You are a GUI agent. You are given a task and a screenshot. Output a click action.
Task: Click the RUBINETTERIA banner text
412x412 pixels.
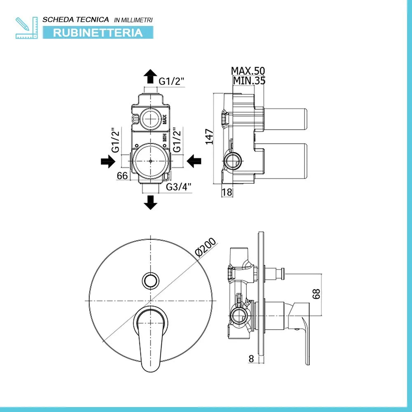point(98,33)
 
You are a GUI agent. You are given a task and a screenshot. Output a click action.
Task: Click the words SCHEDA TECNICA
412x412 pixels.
point(76,19)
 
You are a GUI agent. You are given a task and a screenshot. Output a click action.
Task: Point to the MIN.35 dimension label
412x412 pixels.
point(249,81)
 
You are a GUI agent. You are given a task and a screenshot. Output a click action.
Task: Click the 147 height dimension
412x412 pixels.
point(209,136)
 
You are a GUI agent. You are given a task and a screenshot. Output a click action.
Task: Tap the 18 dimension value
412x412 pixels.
point(227,192)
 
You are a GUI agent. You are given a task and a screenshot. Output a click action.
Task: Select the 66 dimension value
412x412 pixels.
point(122,176)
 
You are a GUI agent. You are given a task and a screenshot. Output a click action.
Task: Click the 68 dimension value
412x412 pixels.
point(316,294)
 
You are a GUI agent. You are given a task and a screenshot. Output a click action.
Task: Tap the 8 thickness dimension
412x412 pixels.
point(251,358)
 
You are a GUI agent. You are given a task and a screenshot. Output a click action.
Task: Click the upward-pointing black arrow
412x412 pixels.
point(150,77)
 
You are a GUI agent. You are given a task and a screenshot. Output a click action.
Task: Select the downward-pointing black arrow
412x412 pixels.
point(150,202)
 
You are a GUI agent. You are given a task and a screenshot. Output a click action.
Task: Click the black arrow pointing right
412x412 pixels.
point(108,162)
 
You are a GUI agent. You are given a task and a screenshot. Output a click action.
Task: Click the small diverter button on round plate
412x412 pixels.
point(150,281)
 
